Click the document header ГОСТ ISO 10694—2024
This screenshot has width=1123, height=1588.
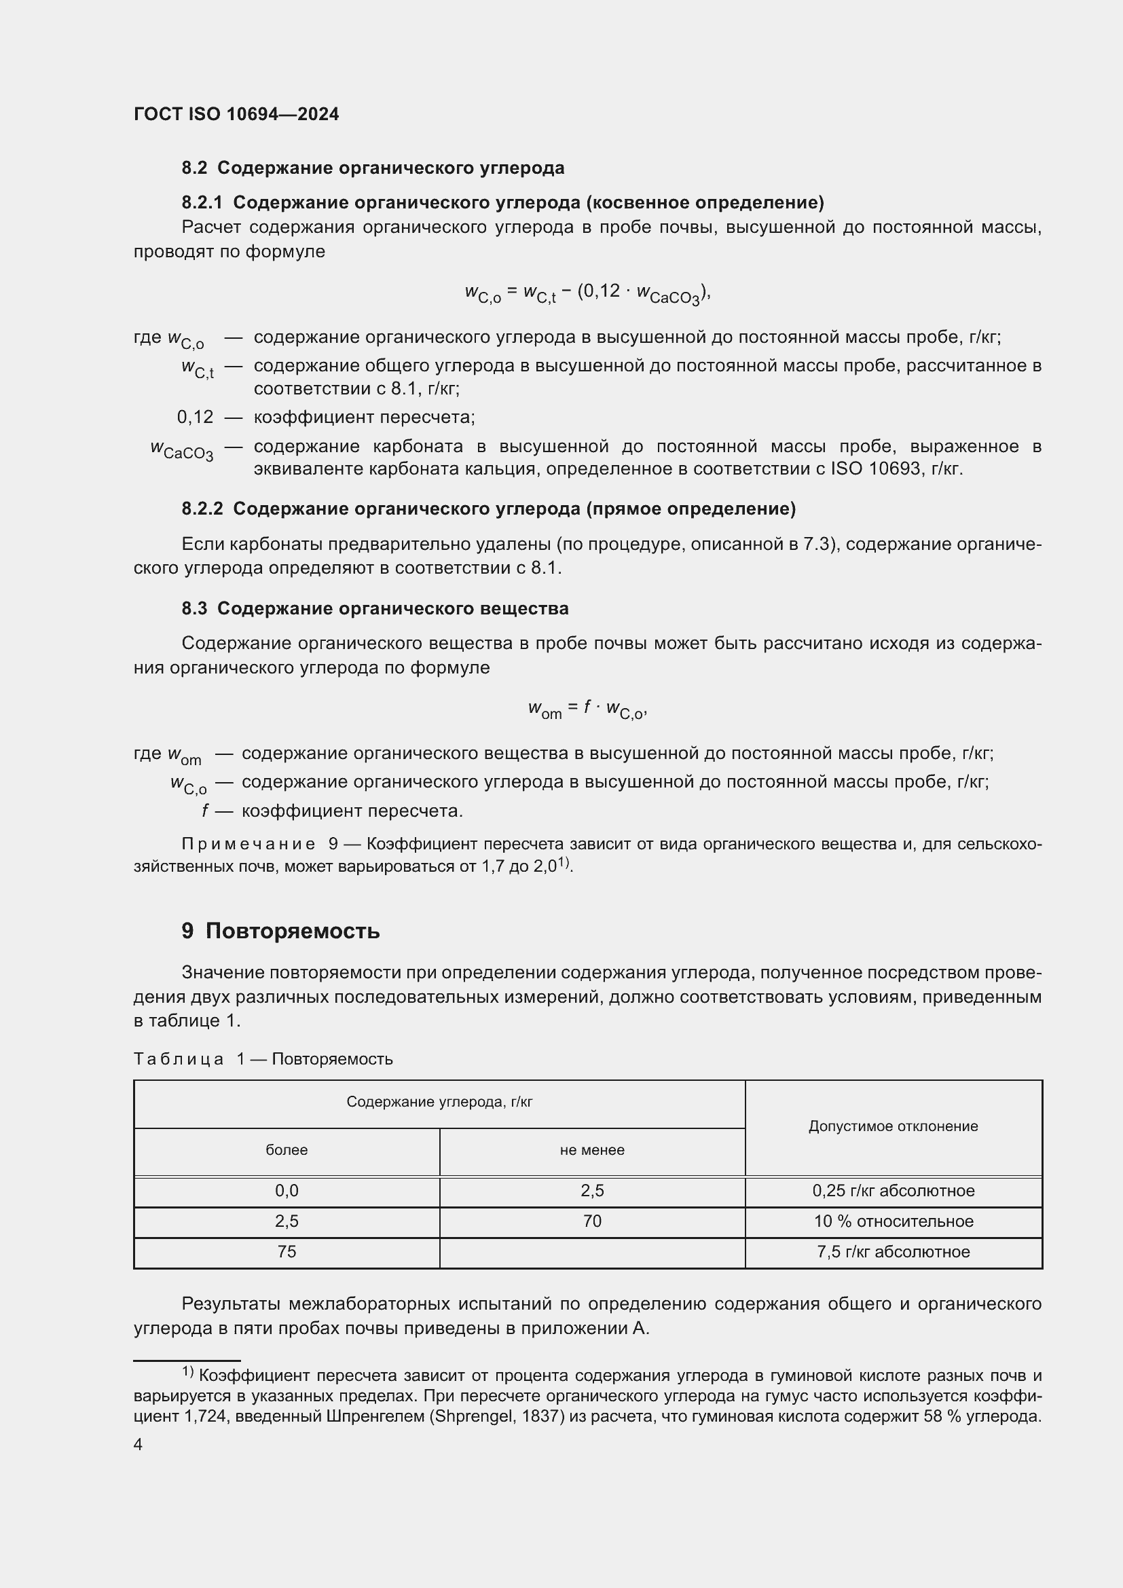coord(236,114)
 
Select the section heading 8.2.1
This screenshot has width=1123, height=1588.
coord(502,202)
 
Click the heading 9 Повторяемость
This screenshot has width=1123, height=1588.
coord(281,931)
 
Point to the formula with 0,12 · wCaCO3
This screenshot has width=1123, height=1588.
coord(588,293)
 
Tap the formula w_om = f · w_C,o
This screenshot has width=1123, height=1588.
coord(588,709)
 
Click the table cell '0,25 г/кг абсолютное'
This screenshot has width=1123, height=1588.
coord(894,1191)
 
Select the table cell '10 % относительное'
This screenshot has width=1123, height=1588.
coord(894,1221)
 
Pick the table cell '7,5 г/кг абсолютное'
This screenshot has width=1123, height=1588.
coord(894,1252)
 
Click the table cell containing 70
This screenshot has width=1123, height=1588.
coord(592,1221)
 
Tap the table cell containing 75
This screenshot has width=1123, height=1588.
coord(287,1252)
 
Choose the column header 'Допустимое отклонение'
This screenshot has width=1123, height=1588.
coord(894,1126)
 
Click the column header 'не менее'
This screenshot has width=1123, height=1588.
coord(592,1150)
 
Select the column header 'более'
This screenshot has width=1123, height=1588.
coord(287,1150)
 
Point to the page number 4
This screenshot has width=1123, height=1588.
coord(139,1444)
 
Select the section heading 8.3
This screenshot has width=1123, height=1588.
coord(375,608)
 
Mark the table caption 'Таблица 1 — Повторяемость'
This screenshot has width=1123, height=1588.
coord(263,1059)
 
